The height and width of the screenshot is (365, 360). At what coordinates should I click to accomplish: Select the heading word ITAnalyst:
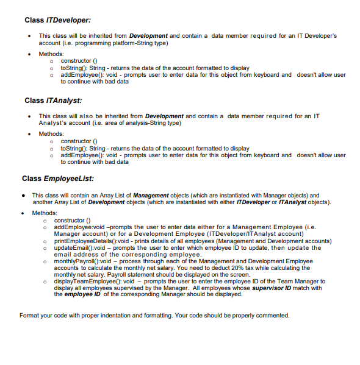coord(64,100)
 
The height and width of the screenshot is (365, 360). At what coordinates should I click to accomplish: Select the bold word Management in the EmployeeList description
coord(151,195)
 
